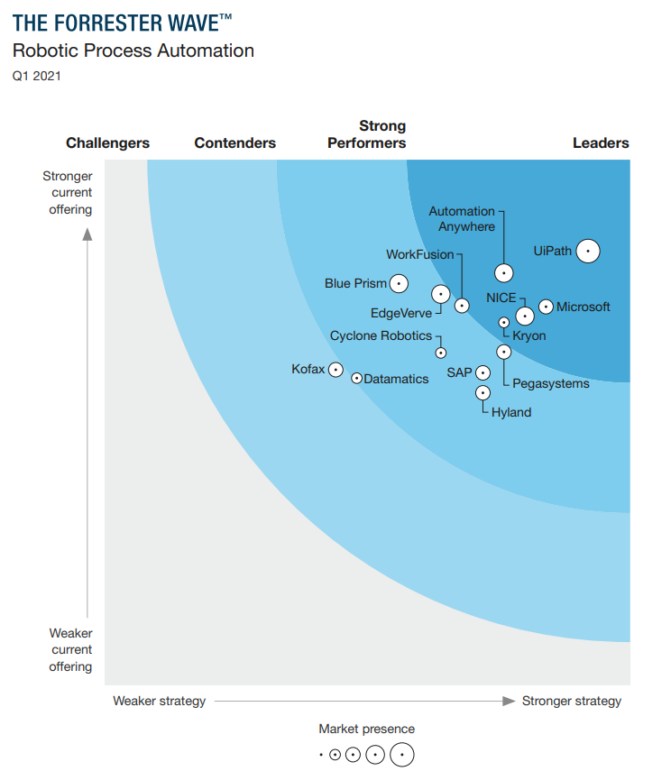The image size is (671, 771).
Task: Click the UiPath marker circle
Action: tap(588, 251)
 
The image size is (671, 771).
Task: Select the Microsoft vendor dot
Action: tap(546, 307)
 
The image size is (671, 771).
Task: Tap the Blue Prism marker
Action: tap(398, 283)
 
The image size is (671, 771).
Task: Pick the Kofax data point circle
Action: tap(335, 369)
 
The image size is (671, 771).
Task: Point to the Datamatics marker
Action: tap(356, 379)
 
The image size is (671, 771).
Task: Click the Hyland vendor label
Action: tap(511, 412)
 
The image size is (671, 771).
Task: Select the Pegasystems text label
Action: tap(550, 383)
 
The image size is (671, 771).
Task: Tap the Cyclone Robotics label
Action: tap(381, 335)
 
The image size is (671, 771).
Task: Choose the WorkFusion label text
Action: tap(419, 254)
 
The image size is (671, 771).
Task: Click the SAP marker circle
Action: tap(483, 372)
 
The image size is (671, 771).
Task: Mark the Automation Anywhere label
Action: tap(462, 219)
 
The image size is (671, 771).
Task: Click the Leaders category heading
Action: tap(601, 142)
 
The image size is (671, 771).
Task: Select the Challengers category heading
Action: tap(107, 142)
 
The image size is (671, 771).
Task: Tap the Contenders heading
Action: tap(234, 142)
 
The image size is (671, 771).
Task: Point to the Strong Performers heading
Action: tap(367, 134)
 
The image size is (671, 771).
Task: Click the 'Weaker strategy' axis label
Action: tap(159, 701)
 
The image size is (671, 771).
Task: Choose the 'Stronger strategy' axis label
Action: tap(572, 701)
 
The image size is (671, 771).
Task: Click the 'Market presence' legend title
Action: tap(366, 729)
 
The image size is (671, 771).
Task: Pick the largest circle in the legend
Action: tap(401, 754)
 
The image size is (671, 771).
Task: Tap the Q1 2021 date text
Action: tap(36, 77)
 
